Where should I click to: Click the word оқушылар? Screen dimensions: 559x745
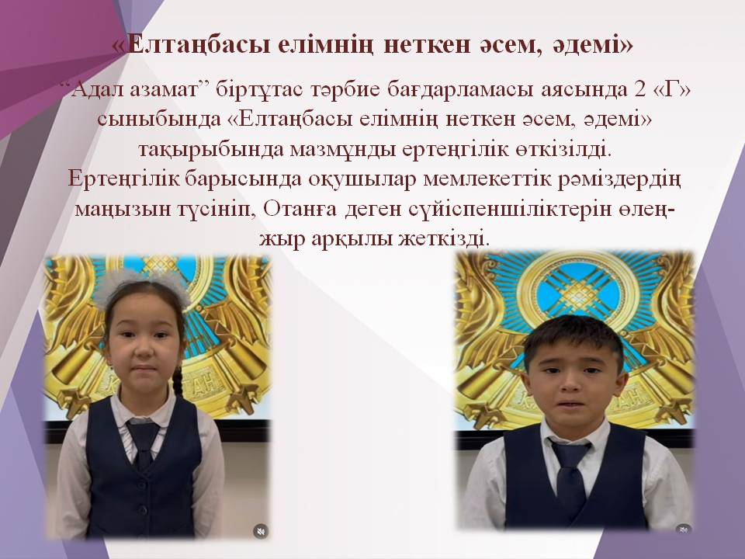pyautogui.click(x=352, y=178)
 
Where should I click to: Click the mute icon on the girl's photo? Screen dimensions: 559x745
pyautogui.click(x=259, y=530)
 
